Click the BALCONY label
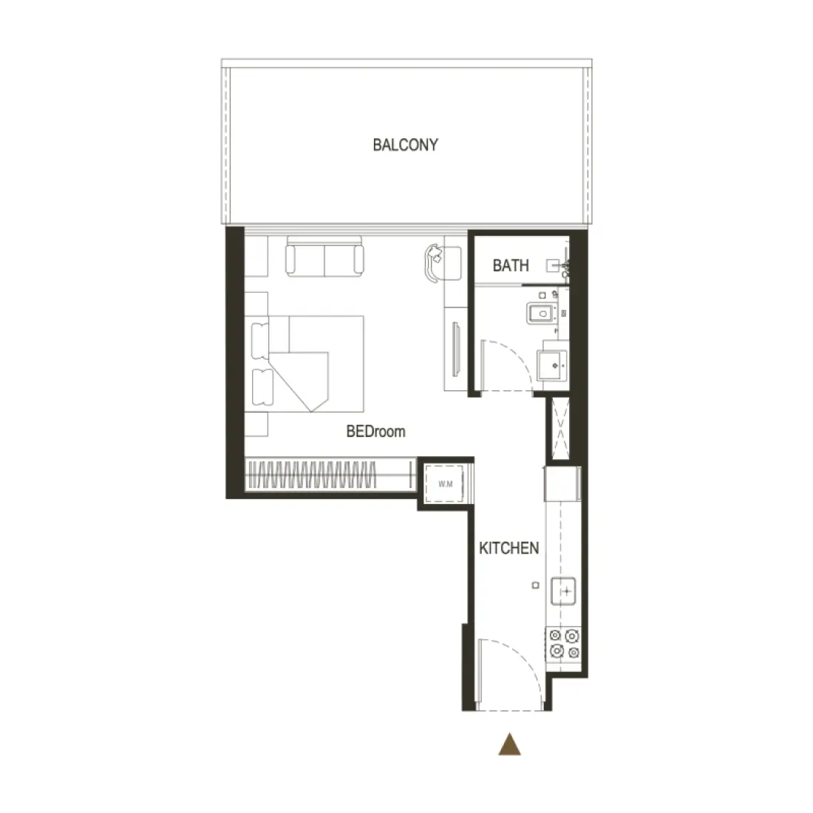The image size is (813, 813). pyautogui.click(x=406, y=145)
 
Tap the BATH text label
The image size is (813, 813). pyautogui.click(x=511, y=265)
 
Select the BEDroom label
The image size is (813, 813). pyautogui.click(x=376, y=432)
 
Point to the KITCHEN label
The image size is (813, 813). pyautogui.click(x=508, y=548)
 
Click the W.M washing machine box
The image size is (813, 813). pyautogui.click(x=445, y=484)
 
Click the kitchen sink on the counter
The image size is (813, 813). pyautogui.click(x=564, y=591)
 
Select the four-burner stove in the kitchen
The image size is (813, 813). pyautogui.click(x=564, y=644)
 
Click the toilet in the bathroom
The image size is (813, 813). pyautogui.click(x=541, y=313)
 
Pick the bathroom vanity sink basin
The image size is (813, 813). pyautogui.click(x=553, y=365)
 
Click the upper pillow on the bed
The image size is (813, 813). pyautogui.click(x=260, y=340)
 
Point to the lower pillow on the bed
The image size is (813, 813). pyautogui.click(x=262, y=387)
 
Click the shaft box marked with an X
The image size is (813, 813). pyautogui.click(x=560, y=428)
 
